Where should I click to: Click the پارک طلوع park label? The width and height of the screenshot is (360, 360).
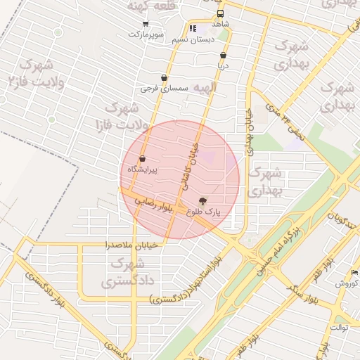pyautogui.click(x=203, y=211)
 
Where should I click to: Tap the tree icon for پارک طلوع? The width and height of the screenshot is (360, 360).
pyautogui.click(x=204, y=200)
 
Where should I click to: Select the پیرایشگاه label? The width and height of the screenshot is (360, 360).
pyautogui.click(x=143, y=169)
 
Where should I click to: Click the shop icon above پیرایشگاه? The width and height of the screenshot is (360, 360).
pyautogui.click(x=143, y=160)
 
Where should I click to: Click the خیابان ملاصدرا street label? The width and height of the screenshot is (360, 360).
pyautogui.click(x=134, y=245)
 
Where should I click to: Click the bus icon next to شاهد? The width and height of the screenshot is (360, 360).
pyautogui.click(x=221, y=14)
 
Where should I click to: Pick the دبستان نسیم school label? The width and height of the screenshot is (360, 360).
pyautogui.click(x=193, y=39)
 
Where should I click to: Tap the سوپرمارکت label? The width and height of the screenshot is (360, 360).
pyautogui.click(x=146, y=34)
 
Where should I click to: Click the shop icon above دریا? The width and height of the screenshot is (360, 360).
pyautogui.click(x=224, y=55)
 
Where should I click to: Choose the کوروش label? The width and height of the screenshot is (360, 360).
pyautogui.click(x=347, y=283)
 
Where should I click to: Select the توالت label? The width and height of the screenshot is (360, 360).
pyautogui.click(x=339, y=328)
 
